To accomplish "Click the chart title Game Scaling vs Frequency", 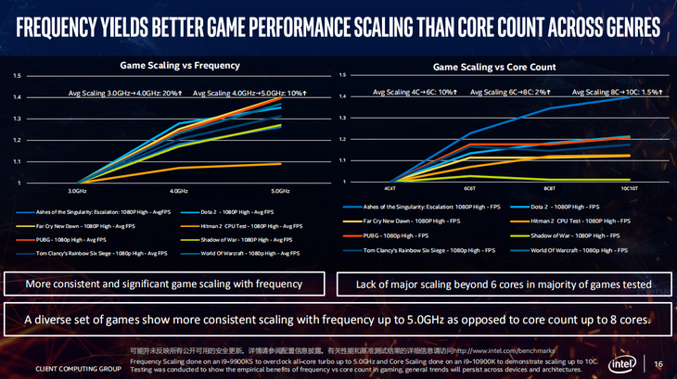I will tap(180, 65).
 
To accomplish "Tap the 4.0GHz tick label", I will tap(179, 191).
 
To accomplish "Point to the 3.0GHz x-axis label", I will tap(77, 191).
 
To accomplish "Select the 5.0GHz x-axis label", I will tap(280, 191).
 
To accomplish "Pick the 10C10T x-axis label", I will tap(629, 188).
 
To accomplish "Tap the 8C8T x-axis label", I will tap(549, 188).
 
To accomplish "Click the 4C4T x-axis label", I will tap(390, 188).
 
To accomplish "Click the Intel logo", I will tap(622, 362).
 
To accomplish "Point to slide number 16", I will tap(658, 363).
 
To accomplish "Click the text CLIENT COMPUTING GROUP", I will tap(78, 369).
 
